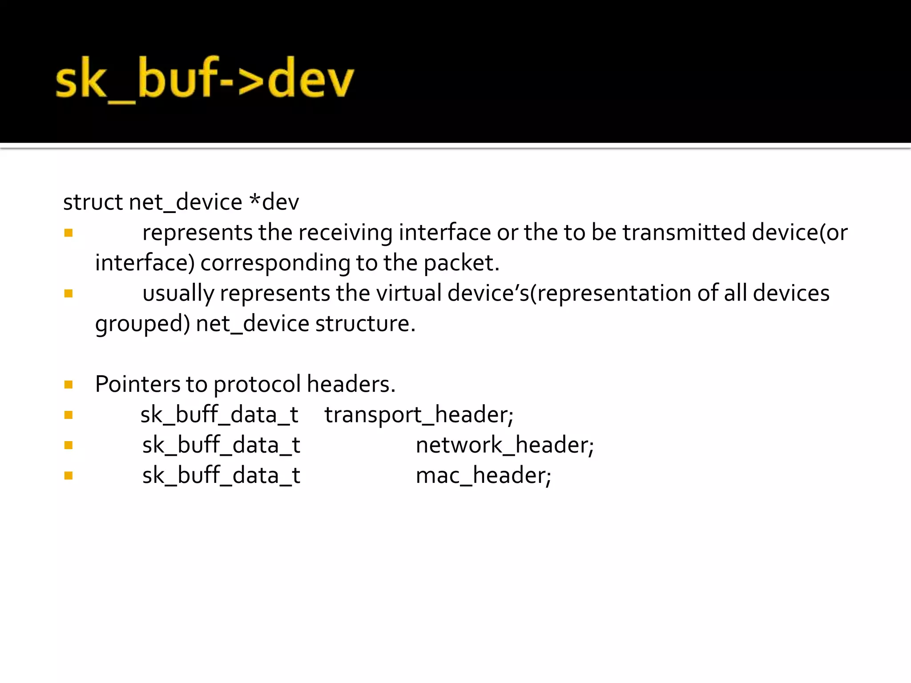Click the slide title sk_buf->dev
point(205,79)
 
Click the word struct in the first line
point(93,202)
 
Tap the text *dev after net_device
point(274,202)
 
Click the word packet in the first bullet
point(461,263)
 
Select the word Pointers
point(137,384)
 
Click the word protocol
point(257,384)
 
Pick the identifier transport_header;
point(419,415)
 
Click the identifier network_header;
point(504,445)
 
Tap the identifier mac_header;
point(483,475)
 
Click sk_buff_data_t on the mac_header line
point(221,475)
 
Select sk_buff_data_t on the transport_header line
point(219,415)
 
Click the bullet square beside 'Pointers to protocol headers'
point(69,385)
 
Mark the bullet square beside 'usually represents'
point(69,293)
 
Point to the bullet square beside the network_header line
point(69,446)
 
